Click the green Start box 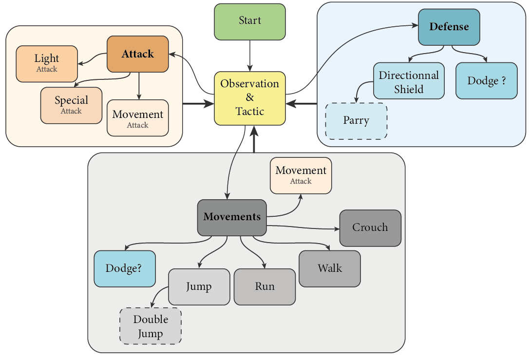click(x=250, y=21)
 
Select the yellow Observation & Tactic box click(x=250, y=98)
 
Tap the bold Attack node click(x=138, y=54)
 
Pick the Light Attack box click(x=47, y=63)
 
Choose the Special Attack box click(x=71, y=105)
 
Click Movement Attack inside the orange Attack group click(x=138, y=118)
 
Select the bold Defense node click(x=449, y=27)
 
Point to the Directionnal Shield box click(x=409, y=81)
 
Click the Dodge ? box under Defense click(x=487, y=81)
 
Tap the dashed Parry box click(x=356, y=121)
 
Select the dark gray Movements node click(x=232, y=217)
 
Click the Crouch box click(x=370, y=227)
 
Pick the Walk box click(x=330, y=268)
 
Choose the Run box click(x=264, y=286)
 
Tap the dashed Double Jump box click(x=151, y=326)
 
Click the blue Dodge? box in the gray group click(x=125, y=269)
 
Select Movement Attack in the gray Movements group click(x=301, y=175)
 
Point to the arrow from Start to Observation click(x=250, y=56)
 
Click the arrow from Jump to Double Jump click(x=157, y=296)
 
